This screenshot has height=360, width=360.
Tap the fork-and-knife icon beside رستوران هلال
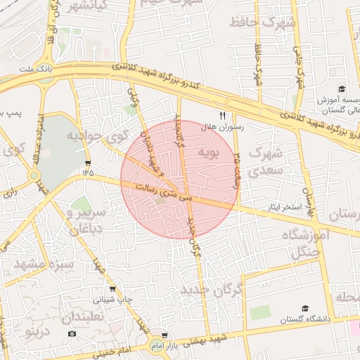pos(223,115)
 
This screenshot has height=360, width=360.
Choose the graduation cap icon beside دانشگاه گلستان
pos(305,309)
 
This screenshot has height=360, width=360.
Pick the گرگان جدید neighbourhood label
pos(211,289)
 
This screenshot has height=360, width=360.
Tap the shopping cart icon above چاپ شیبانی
pos(112,289)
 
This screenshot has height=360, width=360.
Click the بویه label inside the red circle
pos(209,150)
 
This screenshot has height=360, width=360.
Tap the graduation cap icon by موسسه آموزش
pos(342,89)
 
